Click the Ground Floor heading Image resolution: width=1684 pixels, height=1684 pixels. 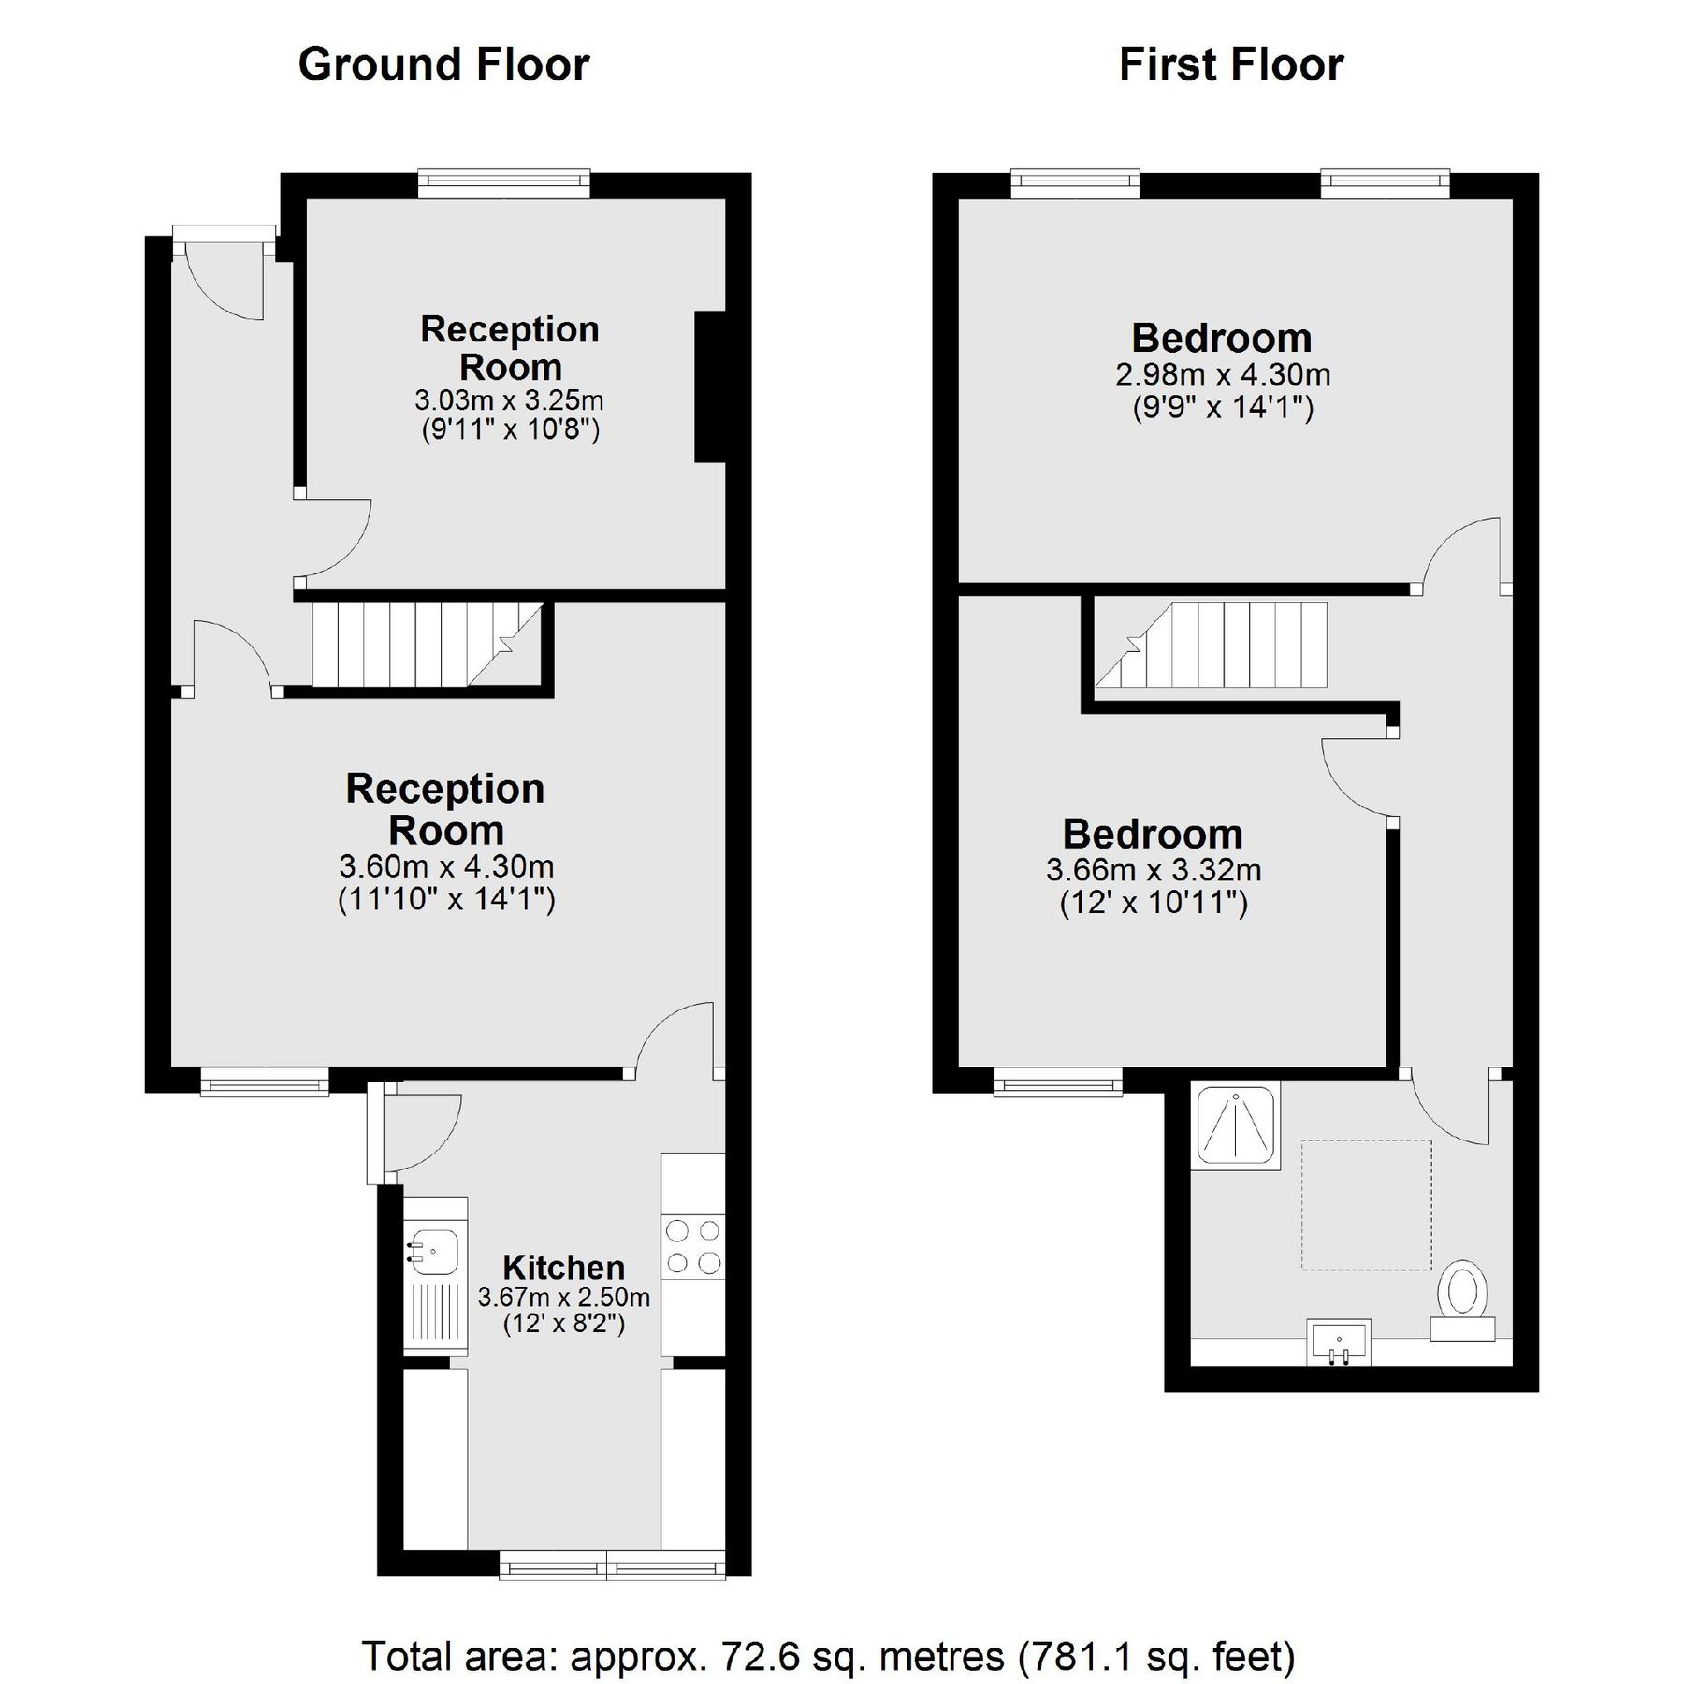click(x=443, y=65)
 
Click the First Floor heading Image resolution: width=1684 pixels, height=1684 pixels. click(x=1230, y=65)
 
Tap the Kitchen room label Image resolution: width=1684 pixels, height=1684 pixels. click(x=563, y=1268)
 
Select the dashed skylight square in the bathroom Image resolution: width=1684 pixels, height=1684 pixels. click(x=1366, y=1205)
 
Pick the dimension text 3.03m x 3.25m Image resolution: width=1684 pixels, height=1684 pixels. click(x=509, y=401)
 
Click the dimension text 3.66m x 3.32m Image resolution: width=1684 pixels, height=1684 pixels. click(x=1153, y=870)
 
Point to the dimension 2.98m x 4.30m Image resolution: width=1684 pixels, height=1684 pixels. click(x=1222, y=375)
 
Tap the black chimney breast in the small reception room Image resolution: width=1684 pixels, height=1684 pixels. click(x=710, y=386)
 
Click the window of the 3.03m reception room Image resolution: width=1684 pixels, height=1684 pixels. click(x=504, y=183)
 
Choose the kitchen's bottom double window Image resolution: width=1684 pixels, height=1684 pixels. click(x=612, y=1564)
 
